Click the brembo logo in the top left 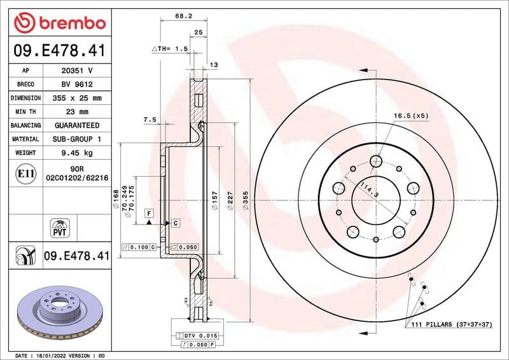[59, 23]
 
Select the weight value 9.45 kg [76, 153]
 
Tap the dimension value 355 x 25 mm [76, 99]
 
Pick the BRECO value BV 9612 [76, 85]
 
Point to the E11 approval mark [25, 173]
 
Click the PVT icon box [59, 227]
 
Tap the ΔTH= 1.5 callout [170, 48]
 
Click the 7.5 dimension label [150, 119]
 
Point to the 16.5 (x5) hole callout [410, 116]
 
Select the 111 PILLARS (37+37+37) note [452, 324]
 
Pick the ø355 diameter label [244, 200]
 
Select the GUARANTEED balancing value [76, 125]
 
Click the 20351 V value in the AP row [76, 71]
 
